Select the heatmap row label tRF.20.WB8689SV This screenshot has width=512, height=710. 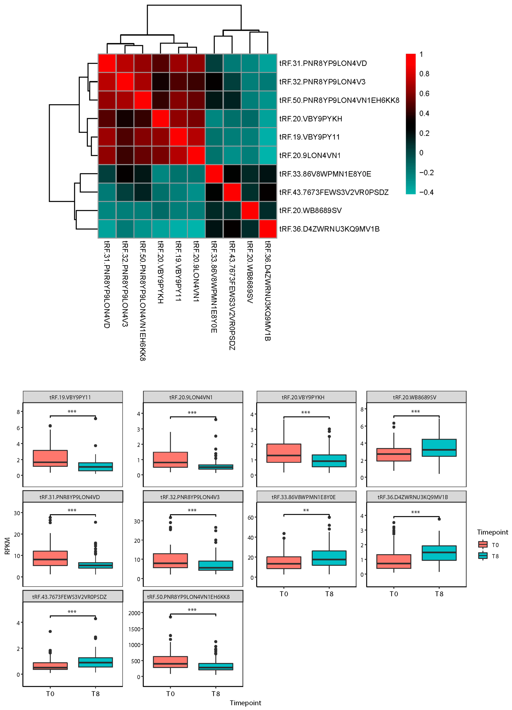(310, 210)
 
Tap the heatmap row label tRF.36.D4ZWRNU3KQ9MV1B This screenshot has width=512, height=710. (329, 229)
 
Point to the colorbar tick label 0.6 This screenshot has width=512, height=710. (424, 94)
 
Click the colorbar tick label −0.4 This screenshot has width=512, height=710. (426, 192)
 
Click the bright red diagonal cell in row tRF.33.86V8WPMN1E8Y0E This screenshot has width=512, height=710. (214, 174)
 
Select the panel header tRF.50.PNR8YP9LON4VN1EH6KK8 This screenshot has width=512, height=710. (188, 597)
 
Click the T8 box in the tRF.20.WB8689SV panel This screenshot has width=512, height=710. (439, 448)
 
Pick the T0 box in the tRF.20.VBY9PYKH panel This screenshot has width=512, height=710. (284, 453)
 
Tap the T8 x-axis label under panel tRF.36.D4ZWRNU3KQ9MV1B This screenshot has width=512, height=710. (439, 594)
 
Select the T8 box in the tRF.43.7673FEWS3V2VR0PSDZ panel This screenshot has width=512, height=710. (95, 662)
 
